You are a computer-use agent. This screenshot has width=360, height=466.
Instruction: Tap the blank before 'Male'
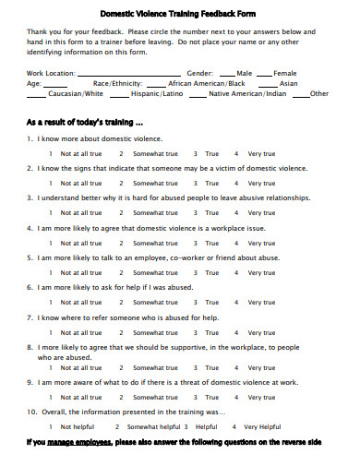click(x=227, y=72)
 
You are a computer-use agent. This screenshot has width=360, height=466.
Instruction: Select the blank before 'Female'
click(x=264, y=72)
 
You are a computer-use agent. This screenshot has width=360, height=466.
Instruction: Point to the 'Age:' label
click(x=34, y=83)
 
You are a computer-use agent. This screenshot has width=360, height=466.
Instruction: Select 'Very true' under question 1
click(x=262, y=152)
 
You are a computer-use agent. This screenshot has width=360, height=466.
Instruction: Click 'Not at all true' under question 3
click(x=81, y=213)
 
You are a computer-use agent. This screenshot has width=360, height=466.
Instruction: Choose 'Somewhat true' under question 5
click(x=156, y=273)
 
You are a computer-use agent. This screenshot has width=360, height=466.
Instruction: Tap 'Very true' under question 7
click(x=262, y=332)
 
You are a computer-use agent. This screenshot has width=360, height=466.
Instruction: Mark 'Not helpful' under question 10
click(x=78, y=427)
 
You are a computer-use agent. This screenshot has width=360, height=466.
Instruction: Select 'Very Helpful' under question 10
click(x=263, y=427)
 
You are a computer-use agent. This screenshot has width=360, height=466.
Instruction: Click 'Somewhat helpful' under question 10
click(x=153, y=427)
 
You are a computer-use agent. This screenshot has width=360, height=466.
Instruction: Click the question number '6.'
click(x=30, y=287)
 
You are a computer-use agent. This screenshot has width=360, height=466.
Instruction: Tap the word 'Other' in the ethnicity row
click(x=319, y=94)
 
